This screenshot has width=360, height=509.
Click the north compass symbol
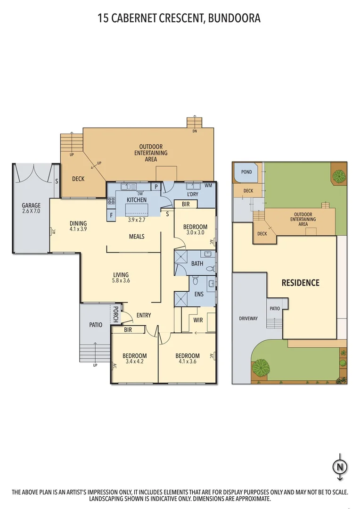[338, 467]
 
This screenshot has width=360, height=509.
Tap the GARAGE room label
[31, 205]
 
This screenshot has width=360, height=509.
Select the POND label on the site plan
[246, 172]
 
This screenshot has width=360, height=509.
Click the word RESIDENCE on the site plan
[300, 283]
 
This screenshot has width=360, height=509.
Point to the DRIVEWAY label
[248, 319]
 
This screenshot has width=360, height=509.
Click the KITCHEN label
[137, 200]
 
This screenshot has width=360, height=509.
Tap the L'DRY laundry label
[192, 195]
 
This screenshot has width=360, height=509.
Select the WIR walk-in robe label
[198, 320]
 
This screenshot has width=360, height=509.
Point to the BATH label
[197, 263]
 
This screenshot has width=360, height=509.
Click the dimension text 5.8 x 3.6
[121, 281]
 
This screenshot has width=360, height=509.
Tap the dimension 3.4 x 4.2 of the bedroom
[134, 362]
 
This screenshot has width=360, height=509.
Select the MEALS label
[137, 237]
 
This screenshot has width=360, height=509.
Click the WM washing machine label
[208, 186]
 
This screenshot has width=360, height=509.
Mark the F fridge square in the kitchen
[111, 216]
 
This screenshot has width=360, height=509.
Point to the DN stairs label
[195, 131]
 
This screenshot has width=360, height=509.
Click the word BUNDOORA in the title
[234, 18]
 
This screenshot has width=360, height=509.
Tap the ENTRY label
[144, 315]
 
